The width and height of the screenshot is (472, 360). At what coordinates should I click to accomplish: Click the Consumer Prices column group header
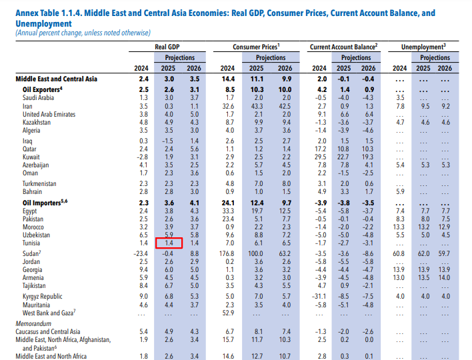click(x=256, y=47)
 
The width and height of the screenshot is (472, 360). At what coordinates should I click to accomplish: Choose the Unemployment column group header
click(x=423, y=47)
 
